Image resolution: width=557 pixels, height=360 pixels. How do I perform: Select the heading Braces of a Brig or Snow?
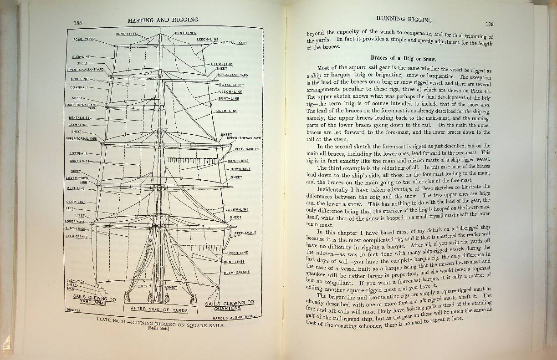click(x=404, y=59)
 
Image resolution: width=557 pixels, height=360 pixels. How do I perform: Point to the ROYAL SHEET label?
click(x=231, y=85)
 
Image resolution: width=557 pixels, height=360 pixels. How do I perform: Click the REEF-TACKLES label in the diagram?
click(x=247, y=149)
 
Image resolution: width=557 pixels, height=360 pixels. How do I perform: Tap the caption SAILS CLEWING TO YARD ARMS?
click(x=95, y=299)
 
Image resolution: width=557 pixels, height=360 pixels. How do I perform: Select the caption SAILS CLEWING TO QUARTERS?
click(x=229, y=305)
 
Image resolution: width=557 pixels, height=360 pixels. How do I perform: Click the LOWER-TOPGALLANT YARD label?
click(x=81, y=106)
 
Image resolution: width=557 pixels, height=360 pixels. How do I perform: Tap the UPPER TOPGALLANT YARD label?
click(x=85, y=70)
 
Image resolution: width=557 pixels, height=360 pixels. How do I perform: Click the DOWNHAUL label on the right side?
click(x=241, y=169)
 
